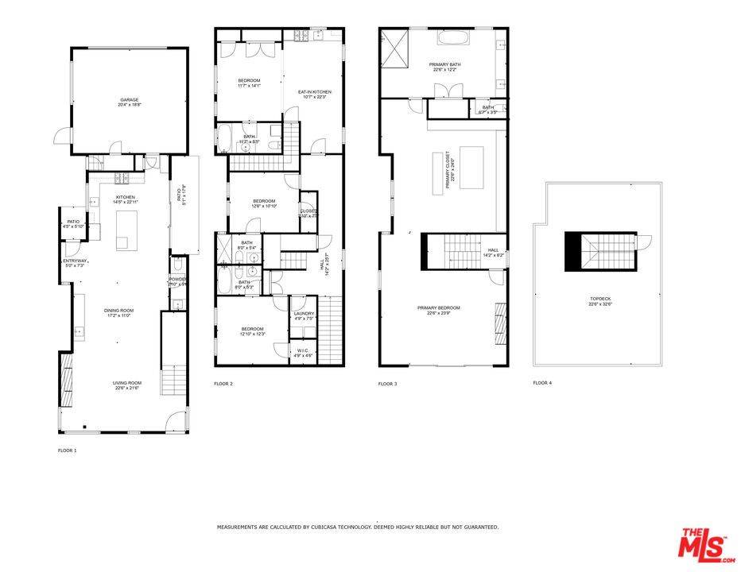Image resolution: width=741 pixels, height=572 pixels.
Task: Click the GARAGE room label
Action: click(129, 100)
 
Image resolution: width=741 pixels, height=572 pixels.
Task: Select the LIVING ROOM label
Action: click(126, 383)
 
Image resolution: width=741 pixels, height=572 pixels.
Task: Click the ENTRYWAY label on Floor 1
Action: click(75, 261)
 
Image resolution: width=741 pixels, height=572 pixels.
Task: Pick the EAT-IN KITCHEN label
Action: click(314, 92)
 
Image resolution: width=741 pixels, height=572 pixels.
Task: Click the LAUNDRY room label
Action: click(304, 313)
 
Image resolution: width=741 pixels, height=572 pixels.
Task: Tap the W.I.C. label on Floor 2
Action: click(304, 351)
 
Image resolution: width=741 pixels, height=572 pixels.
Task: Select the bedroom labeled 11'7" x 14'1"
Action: click(249, 81)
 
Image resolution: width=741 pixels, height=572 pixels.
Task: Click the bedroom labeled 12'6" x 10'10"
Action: click(263, 201)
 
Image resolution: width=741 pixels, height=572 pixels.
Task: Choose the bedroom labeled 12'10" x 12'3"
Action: click(253, 329)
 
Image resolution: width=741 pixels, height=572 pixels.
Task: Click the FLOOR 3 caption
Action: click(387, 384)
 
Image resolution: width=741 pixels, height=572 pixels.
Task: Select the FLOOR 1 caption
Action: click(68, 450)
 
